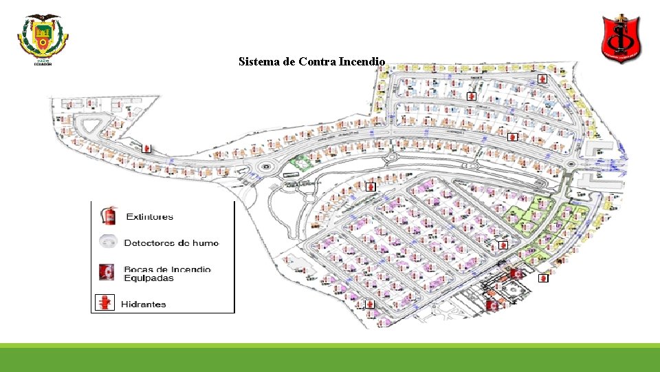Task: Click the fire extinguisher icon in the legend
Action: click(108, 216)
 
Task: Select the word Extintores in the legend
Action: click(150, 217)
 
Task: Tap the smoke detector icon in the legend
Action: click(107, 242)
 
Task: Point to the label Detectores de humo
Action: click(171, 243)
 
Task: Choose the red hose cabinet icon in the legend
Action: click(106, 273)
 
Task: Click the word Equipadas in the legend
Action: click(148, 278)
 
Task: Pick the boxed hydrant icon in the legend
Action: click(104, 302)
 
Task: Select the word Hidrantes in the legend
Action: click(144, 304)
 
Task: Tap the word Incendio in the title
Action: click(362, 62)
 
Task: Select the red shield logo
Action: click(621, 38)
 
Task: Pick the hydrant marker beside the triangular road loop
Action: click(146, 148)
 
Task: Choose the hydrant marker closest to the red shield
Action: click(542, 79)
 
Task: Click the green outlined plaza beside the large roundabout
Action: click(299, 164)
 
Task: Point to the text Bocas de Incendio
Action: click(167, 269)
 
